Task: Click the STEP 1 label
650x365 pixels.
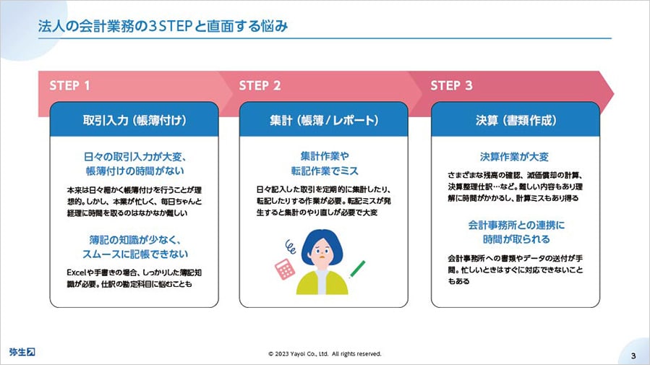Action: (69, 85)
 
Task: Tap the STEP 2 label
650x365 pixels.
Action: (260, 85)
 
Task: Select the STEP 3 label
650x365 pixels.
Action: (451, 85)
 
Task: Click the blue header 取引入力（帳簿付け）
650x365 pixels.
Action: (134, 120)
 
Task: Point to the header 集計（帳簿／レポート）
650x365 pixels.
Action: (324, 120)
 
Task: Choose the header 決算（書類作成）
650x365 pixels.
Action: (516, 120)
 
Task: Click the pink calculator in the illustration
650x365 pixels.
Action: (285, 269)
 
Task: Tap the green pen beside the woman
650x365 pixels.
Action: (357, 269)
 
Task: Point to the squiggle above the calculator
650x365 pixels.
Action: (290, 246)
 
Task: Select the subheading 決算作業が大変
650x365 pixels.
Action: (515, 157)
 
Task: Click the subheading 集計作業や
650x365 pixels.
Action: (325, 156)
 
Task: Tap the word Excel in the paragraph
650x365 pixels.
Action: (76, 272)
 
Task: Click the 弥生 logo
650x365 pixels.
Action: (22, 352)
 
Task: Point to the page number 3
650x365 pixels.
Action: (633, 356)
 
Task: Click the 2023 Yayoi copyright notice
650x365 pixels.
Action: (325, 354)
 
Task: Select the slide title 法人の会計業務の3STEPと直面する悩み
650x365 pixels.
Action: (163, 26)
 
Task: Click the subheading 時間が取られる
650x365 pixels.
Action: (516, 239)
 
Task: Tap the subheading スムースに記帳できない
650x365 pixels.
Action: (134, 254)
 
